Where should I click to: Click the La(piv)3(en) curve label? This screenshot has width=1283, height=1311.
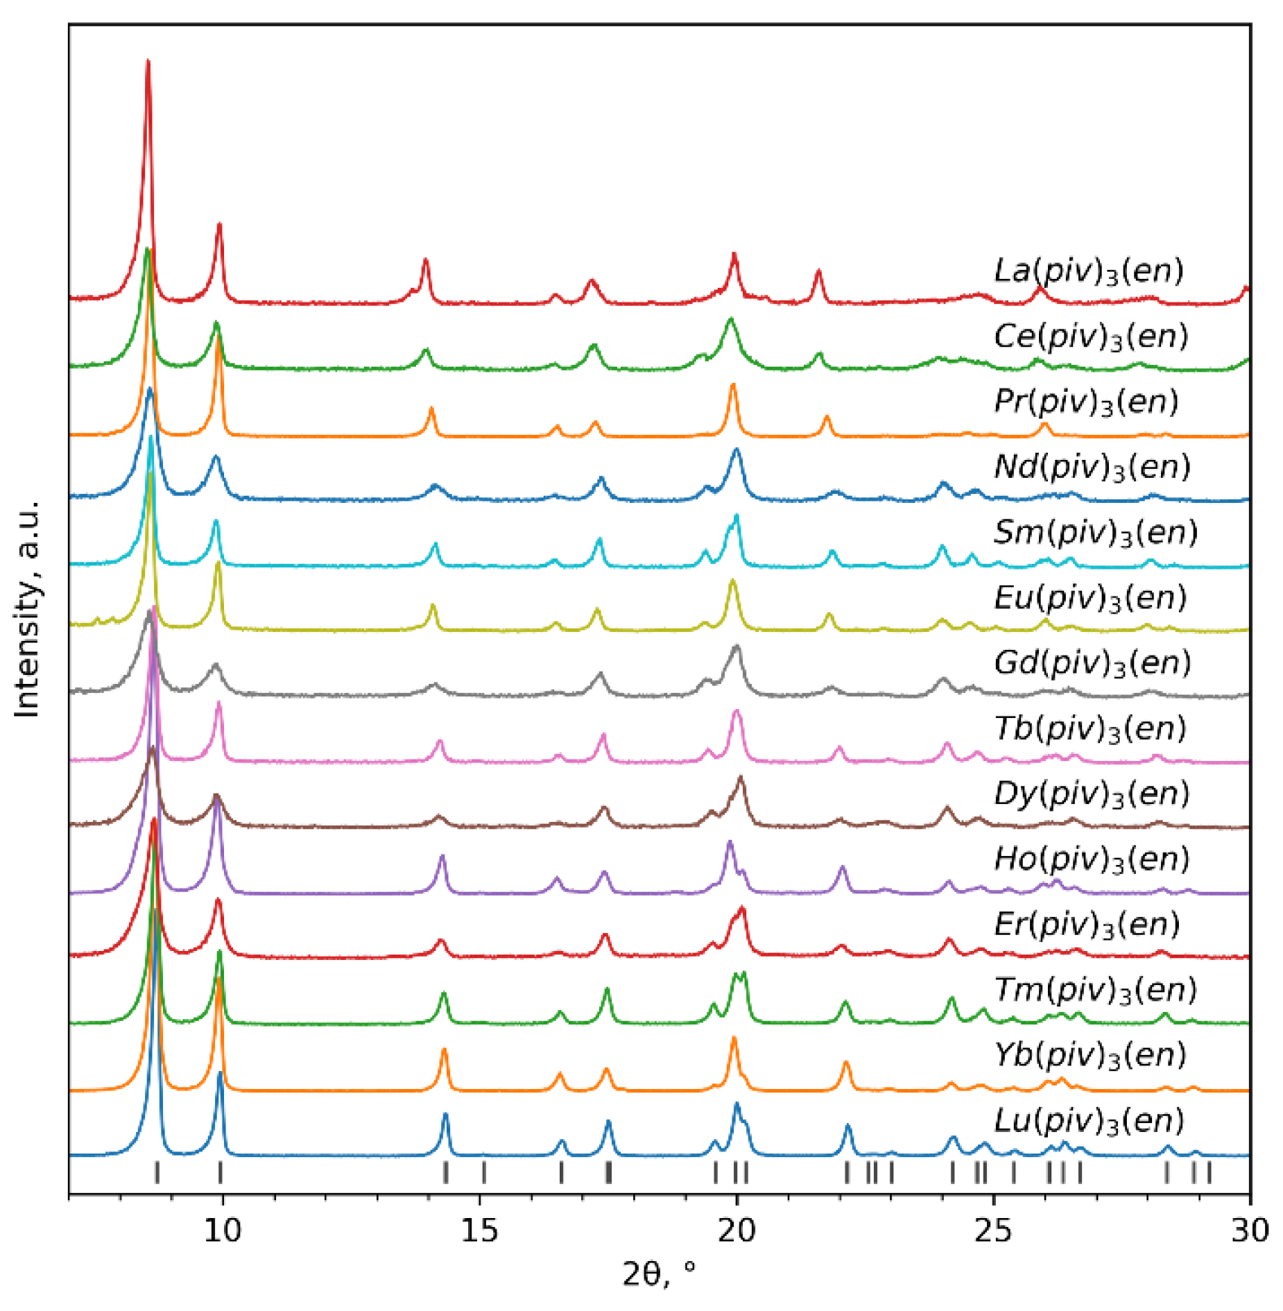pyautogui.click(x=1088, y=271)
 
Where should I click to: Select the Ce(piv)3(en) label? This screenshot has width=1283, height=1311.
pyautogui.click(x=1090, y=337)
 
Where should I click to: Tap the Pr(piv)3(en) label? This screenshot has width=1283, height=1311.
pyautogui.click(x=1086, y=402)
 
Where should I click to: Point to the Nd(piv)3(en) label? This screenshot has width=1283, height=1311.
pyautogui.click(x=1092, y=468)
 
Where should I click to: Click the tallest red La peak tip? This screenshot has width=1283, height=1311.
pyautogui.click(x=148, y=62)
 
